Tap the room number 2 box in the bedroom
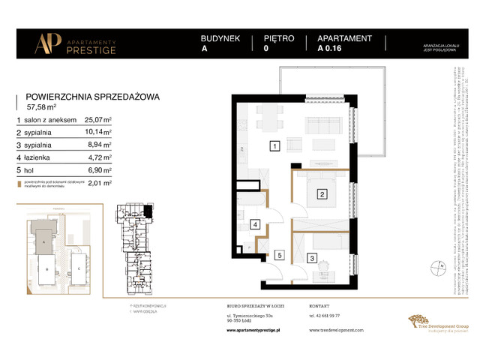[322, 195]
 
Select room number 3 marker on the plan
[311, 259]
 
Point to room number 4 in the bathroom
[255, 224]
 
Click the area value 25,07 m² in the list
[97, 118]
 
